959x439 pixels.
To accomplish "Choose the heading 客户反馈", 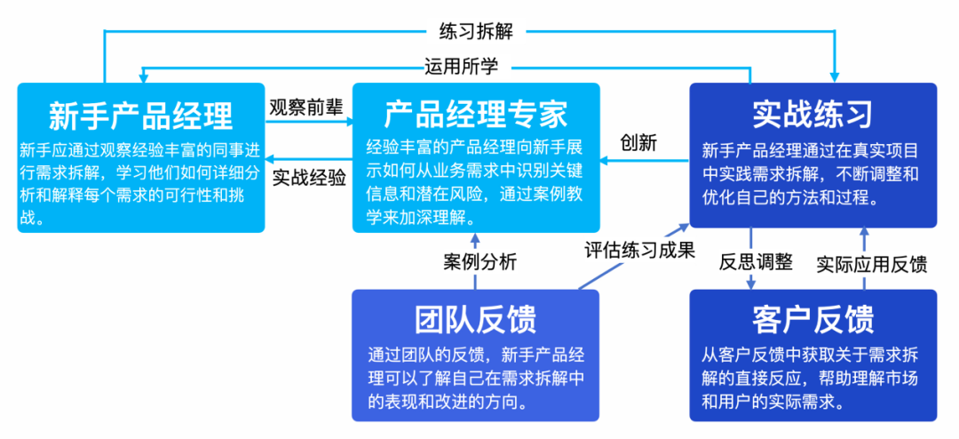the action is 812,319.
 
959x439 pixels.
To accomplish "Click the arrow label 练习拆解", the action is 476,30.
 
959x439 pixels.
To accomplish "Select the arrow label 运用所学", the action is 461,66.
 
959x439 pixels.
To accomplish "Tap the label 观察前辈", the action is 307,107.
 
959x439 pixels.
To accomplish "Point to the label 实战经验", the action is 309,178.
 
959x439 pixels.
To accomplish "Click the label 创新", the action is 638,143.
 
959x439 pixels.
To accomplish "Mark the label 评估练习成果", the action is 639,251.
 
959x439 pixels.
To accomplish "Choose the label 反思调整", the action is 756,262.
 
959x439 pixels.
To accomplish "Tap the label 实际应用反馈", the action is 872,264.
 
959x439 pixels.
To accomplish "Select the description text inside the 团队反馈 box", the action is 476,379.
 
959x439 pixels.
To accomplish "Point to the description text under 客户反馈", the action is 810,379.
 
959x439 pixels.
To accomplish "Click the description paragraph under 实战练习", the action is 810,174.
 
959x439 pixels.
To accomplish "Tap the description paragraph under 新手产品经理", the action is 140,184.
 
